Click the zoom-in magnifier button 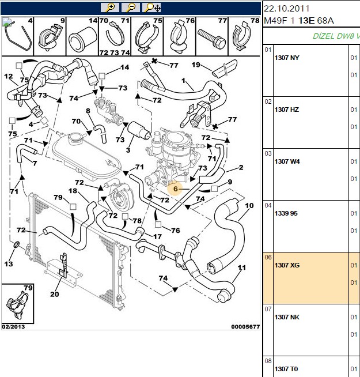110,7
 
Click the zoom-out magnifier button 131,7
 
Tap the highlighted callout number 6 176,188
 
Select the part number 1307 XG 287,265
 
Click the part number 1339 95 286,213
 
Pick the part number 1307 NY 287,58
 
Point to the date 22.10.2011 286,9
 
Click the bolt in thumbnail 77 211,39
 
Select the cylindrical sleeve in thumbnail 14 82,39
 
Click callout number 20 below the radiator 54,294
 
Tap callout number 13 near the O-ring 9,264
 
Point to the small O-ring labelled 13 16,244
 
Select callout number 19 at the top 196,65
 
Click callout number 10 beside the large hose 249,206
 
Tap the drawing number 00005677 245,326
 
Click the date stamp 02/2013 13,326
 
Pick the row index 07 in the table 268,309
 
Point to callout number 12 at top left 9,77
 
